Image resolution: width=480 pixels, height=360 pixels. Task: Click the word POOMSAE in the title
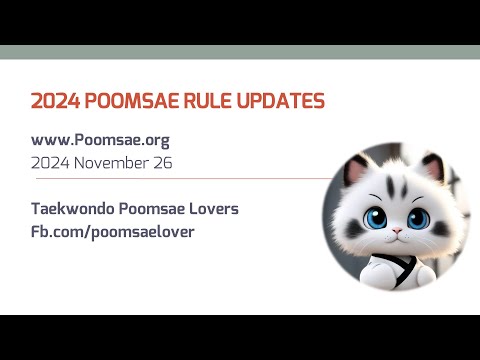pyautogui.click(x=128, y=101)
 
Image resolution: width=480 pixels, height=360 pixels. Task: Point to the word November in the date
pyautogui.click(x=121, y=162)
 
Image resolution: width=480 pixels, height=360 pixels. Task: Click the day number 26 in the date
pyautogui.click(x=164, y=162)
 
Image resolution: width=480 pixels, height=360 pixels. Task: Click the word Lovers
pyautogui.click(x=215, y=209)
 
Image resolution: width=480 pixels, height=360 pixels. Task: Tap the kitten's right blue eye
pyautogui.click(x=411, y=217)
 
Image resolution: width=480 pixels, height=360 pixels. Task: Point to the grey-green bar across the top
pyautogui.click(x=240, y=52)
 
